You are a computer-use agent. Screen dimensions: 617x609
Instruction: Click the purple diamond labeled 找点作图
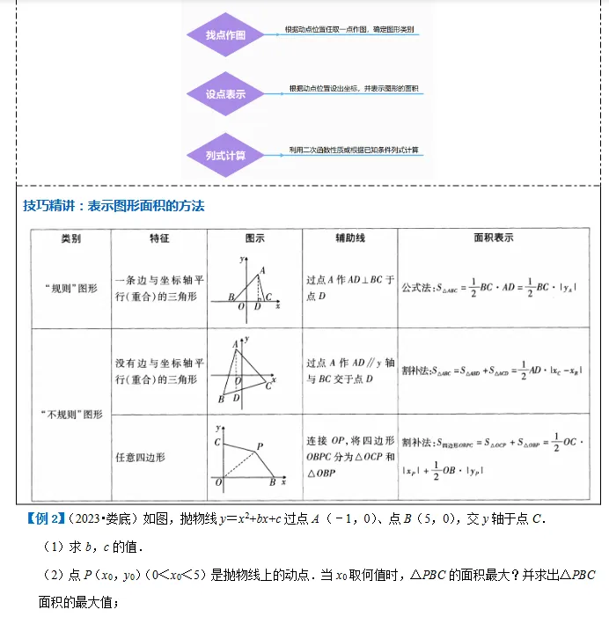pyautogui.click(x=225, y=35)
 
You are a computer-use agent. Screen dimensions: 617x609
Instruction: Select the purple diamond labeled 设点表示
pyautogui.click(x=225, y=93)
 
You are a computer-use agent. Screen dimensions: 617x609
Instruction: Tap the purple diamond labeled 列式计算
pyautogui.click(x=225, y=155)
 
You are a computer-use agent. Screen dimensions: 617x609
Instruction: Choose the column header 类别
pyautogui.click(x=70, y=239)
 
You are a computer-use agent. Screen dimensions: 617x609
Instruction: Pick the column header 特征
pyautogui.click(x=159, y=239)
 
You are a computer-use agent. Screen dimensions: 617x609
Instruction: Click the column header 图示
pyautogui.click(x=254, y=239)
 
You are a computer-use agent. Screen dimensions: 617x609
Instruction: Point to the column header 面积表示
pyautogui.click(x=493, y=239)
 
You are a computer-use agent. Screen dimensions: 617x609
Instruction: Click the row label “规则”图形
pyautogui.click(x=71, y=288)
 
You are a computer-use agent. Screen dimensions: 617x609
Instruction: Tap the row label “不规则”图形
pyautogui.click(x=71, y=413)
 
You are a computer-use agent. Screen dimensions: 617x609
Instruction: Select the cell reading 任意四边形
pyautogui.click(x=140, y=457)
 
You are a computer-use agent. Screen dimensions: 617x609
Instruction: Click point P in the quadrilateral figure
pyautogui.click(x=260, y=446)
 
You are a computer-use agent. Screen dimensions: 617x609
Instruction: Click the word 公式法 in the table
pyautogui.click(x=416, y=288)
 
